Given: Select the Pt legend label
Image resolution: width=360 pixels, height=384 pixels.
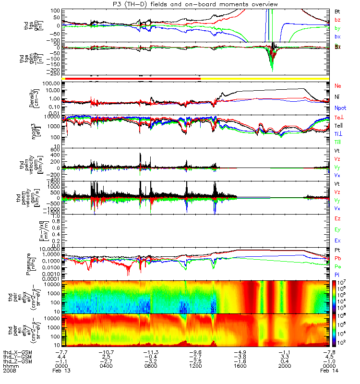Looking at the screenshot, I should [x=337, y=251].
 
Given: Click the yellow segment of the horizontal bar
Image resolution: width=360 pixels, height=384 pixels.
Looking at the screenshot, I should [x=264, y=78].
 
